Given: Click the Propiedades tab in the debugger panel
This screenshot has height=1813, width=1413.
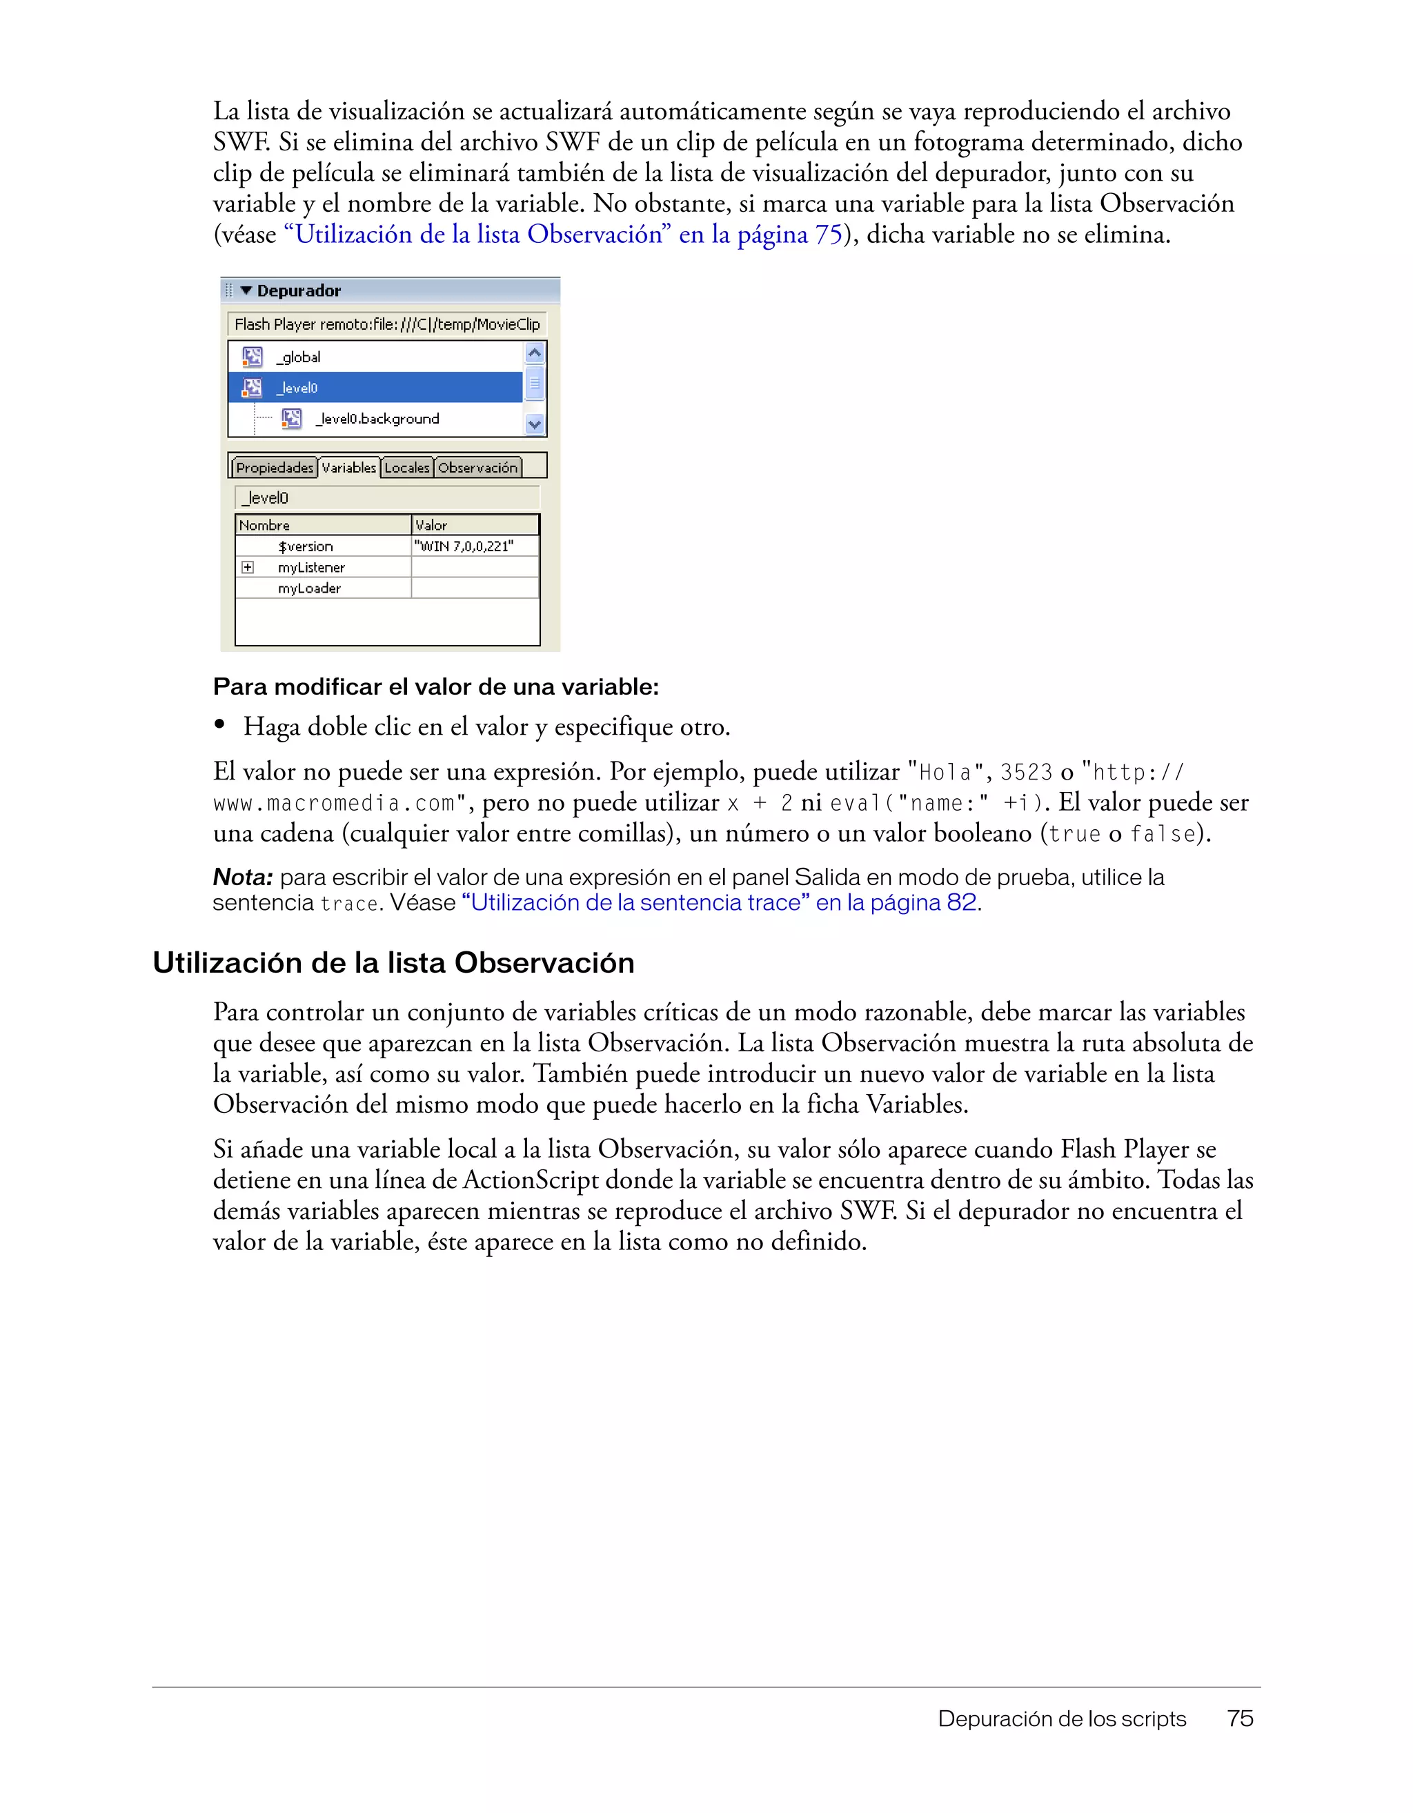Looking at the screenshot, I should [x=274, y=467].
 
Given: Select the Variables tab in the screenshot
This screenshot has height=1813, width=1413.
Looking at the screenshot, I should [x=348, y=467].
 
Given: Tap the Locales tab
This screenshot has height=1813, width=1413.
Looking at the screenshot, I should [x=407, y=467].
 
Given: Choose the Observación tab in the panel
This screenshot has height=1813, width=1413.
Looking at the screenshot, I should [x=477, y=467].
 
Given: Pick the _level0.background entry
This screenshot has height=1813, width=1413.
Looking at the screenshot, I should [x=377, y=418].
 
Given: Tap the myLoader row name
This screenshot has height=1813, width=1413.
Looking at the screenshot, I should [x=309, y=588].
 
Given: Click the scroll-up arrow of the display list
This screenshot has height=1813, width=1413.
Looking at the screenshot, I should [x=535, y=353].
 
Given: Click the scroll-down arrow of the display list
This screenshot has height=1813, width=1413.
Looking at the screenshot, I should [x=535, y=424].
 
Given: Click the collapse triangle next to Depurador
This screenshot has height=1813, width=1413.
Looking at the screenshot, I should [x=246, y=290].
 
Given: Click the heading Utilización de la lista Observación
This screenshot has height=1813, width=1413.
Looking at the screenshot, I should [x=393, y=962].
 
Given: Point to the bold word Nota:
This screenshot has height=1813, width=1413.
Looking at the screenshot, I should [x=242, y=877].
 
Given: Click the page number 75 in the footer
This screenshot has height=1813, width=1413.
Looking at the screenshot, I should [x=1240, y=1718].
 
